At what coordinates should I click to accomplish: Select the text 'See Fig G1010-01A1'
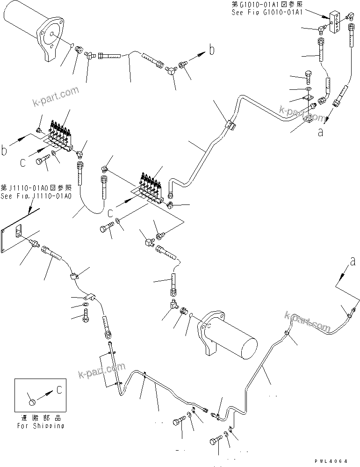point(267,12)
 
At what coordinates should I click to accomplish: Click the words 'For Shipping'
point(41,426)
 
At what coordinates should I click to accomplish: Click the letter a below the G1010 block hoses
point(320,132)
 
